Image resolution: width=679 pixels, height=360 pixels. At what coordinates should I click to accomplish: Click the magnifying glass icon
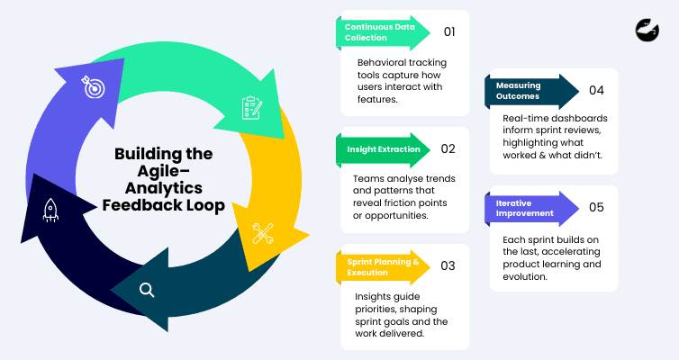tap(146, 290)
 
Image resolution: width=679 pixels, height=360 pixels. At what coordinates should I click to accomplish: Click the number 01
tap(448, 31)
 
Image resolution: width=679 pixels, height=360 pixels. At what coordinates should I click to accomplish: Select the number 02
tap(448, 148)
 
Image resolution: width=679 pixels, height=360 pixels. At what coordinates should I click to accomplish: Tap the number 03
tap(448, 265)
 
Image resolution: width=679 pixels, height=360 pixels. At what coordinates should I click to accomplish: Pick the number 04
tap(596, 90)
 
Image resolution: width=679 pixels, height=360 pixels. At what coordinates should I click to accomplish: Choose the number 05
tap(596, 207)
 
